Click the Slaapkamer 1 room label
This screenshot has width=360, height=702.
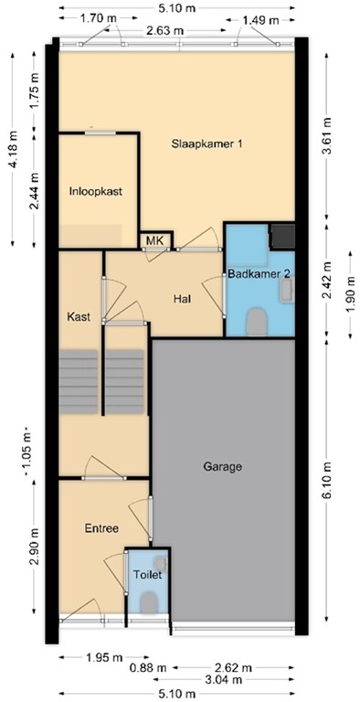click(x=207, y=144)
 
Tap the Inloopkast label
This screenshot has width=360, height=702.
click(x=96, y=192)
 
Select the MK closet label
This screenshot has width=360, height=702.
click(x=154, y=241)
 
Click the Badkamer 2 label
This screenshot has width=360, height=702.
click(x=259, y=273)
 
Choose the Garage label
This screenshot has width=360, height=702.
click(x=223, y=466)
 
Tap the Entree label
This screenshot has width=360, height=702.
click(x=101, y=528)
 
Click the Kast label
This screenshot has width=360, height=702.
click(x=79, y=317)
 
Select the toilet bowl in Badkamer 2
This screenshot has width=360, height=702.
click(x=258, y=321)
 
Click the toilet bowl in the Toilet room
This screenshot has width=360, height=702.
click(x=149, y=602)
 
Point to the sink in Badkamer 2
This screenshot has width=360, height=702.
click(x=287, y=289)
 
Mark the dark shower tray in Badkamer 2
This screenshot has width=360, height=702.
click(x=281, y=236)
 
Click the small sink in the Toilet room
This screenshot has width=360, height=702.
click(x=160, y=561)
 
